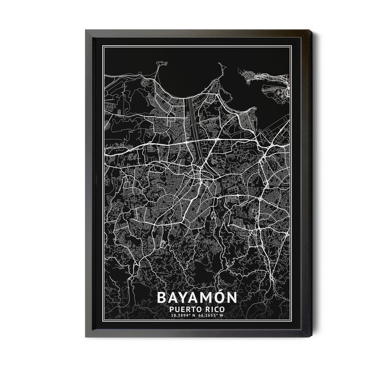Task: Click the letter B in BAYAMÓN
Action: pyautogui.click(x=162, y=297)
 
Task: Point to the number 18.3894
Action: pyautogui.click(x=180, y=317)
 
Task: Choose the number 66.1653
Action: pyautogui.click(x=211, y=317)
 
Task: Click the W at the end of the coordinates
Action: pyautogui.click(x=227, y=317)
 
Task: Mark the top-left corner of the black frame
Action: pyautogui.click(x=86, y=30)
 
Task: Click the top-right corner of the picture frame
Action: pyautogui.click(x=311, y=30)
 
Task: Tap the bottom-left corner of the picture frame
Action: pyautogui.click(x=86, y=337)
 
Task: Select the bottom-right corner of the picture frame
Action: pyautogui.click(x=311, y=337)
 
